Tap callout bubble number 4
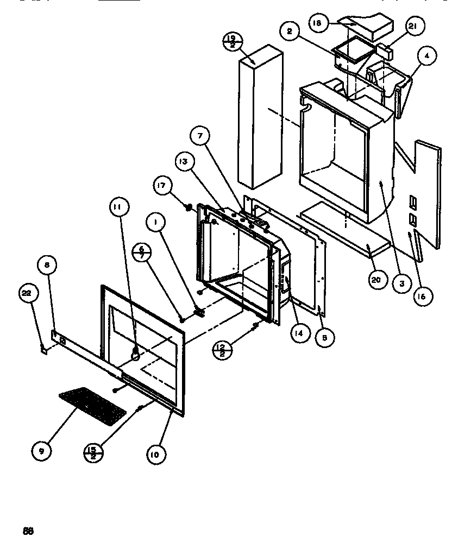(x=428, y=56)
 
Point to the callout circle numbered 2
(x=290, y=31)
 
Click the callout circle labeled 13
(x=184, y=162)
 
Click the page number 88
(x=28, y=531)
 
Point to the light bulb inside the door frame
(x=134, y=353)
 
